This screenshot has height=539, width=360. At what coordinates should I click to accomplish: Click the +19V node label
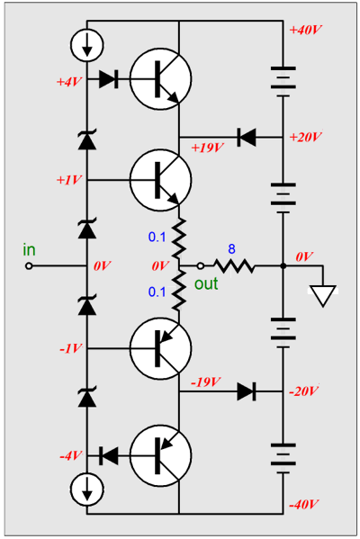pos(209,147)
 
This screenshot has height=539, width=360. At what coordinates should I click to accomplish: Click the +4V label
pos(68,81)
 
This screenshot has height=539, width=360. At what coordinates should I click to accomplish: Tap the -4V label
pos(68,455)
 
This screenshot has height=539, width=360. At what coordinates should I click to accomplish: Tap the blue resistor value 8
pos(232,249)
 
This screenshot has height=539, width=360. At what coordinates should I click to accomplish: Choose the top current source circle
pos(87,44)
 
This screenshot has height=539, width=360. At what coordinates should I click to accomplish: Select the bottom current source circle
pos(87,490)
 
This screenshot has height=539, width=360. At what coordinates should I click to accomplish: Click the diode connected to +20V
pos(246,137)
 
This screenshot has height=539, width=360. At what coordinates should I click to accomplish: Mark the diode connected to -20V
pos(246,391)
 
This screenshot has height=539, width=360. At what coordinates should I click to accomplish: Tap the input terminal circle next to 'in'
pos(29,266)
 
